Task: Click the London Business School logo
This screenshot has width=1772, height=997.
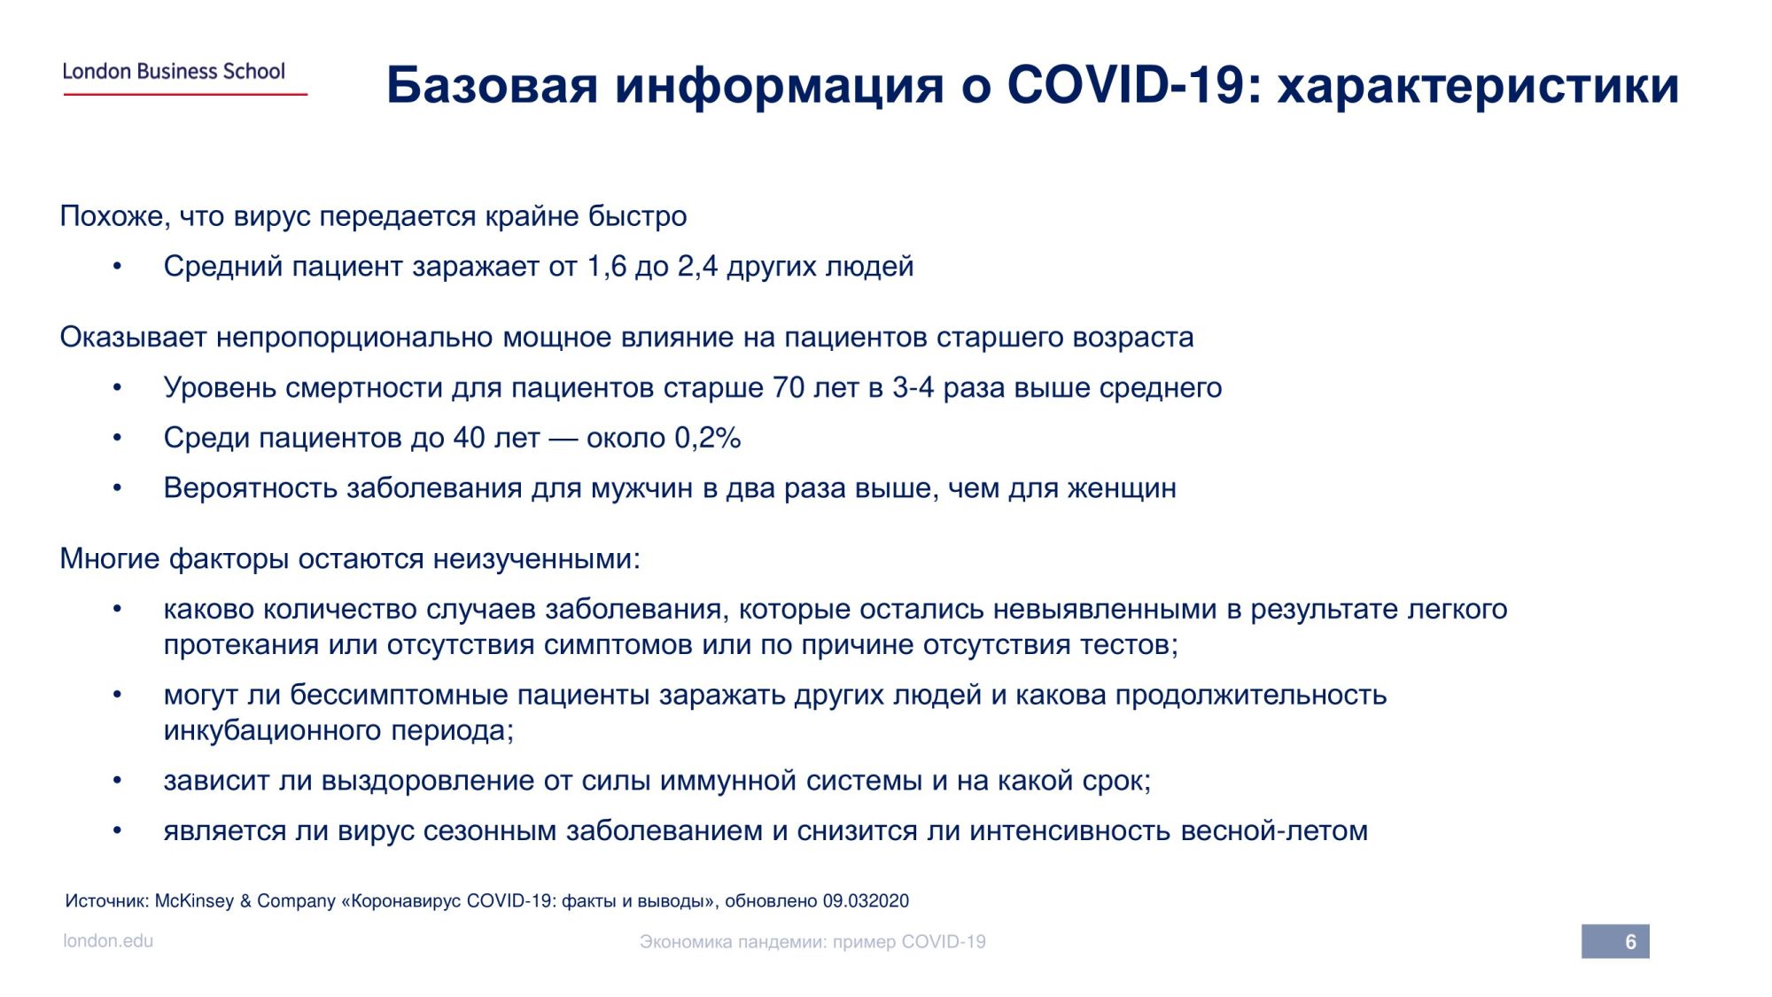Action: (x=184, y=77)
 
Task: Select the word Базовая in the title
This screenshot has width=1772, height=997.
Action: (x=493, y=85)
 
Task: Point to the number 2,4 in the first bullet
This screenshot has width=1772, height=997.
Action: (x=697, y=266)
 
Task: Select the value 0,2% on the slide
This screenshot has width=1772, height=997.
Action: (x=708, y=438)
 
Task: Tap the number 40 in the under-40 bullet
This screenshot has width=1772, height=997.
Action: (x=470, y=438)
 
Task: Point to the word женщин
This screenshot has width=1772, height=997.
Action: (x=1122, y=488)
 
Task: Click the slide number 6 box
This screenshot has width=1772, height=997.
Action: (x=1615, y=941)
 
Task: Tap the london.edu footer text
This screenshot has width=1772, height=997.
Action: (x=108, y=941)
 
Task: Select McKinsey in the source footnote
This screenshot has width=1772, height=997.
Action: (x=194, y=901)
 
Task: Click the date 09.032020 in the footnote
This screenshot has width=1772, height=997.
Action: (x=866, y=901)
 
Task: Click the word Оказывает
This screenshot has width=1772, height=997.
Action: (x=133, y=338)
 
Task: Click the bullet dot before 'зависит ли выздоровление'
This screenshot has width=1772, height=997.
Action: (x=117, y=781)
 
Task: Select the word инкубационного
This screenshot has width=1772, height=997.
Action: (x=272, y=731)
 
